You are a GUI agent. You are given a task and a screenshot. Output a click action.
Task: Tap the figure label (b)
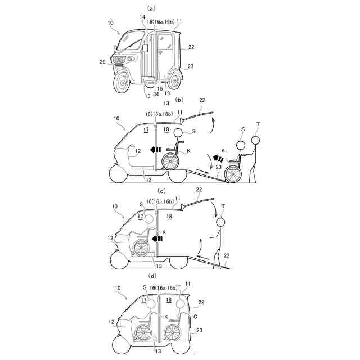(180, 100)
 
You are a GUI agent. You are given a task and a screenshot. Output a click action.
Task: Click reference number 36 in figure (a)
(102, 62)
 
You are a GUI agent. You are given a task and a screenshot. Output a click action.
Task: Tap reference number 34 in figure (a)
(156, 94)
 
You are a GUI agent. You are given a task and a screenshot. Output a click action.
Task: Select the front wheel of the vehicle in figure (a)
(121, 85)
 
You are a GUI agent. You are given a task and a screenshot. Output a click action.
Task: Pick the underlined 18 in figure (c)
(169, 217)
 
